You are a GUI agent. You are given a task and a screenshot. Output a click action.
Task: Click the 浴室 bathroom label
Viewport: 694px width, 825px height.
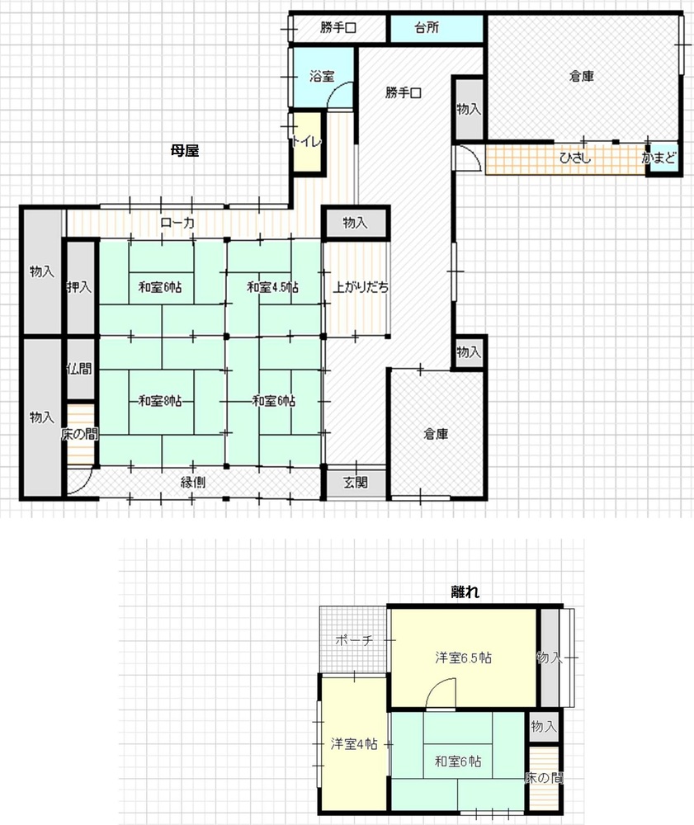322,76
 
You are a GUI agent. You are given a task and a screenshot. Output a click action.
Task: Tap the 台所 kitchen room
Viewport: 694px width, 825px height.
436,28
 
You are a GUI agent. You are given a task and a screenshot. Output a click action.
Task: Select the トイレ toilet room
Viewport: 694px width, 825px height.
307,142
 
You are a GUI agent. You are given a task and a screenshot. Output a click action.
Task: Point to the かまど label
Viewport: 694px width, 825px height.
659,158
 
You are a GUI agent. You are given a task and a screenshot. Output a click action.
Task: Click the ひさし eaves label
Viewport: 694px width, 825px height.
575,158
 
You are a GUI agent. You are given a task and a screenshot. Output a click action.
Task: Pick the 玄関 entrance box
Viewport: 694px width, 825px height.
356,482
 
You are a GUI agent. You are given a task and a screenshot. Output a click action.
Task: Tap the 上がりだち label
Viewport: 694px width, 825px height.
361,287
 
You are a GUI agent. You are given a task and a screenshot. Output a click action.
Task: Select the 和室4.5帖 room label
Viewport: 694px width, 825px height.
272,287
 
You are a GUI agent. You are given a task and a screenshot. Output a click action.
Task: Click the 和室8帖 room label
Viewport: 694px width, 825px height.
160,401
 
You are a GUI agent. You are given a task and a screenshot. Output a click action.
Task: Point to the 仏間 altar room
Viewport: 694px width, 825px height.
81,369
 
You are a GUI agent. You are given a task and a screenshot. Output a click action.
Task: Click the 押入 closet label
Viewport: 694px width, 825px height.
79,287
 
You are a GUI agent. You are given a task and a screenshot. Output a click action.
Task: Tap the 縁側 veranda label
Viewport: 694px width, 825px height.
192,482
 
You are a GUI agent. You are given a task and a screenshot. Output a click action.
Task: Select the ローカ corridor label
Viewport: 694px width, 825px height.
177,223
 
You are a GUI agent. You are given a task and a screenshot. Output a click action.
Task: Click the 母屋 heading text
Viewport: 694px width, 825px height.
185,151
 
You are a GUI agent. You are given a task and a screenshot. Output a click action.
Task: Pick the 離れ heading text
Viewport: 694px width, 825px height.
465,592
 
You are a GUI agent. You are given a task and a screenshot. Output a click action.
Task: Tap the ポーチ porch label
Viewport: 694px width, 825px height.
354,640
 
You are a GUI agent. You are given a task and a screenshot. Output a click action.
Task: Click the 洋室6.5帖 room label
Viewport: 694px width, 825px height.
463,658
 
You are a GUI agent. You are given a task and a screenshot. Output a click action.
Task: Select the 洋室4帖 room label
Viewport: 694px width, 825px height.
353,744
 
